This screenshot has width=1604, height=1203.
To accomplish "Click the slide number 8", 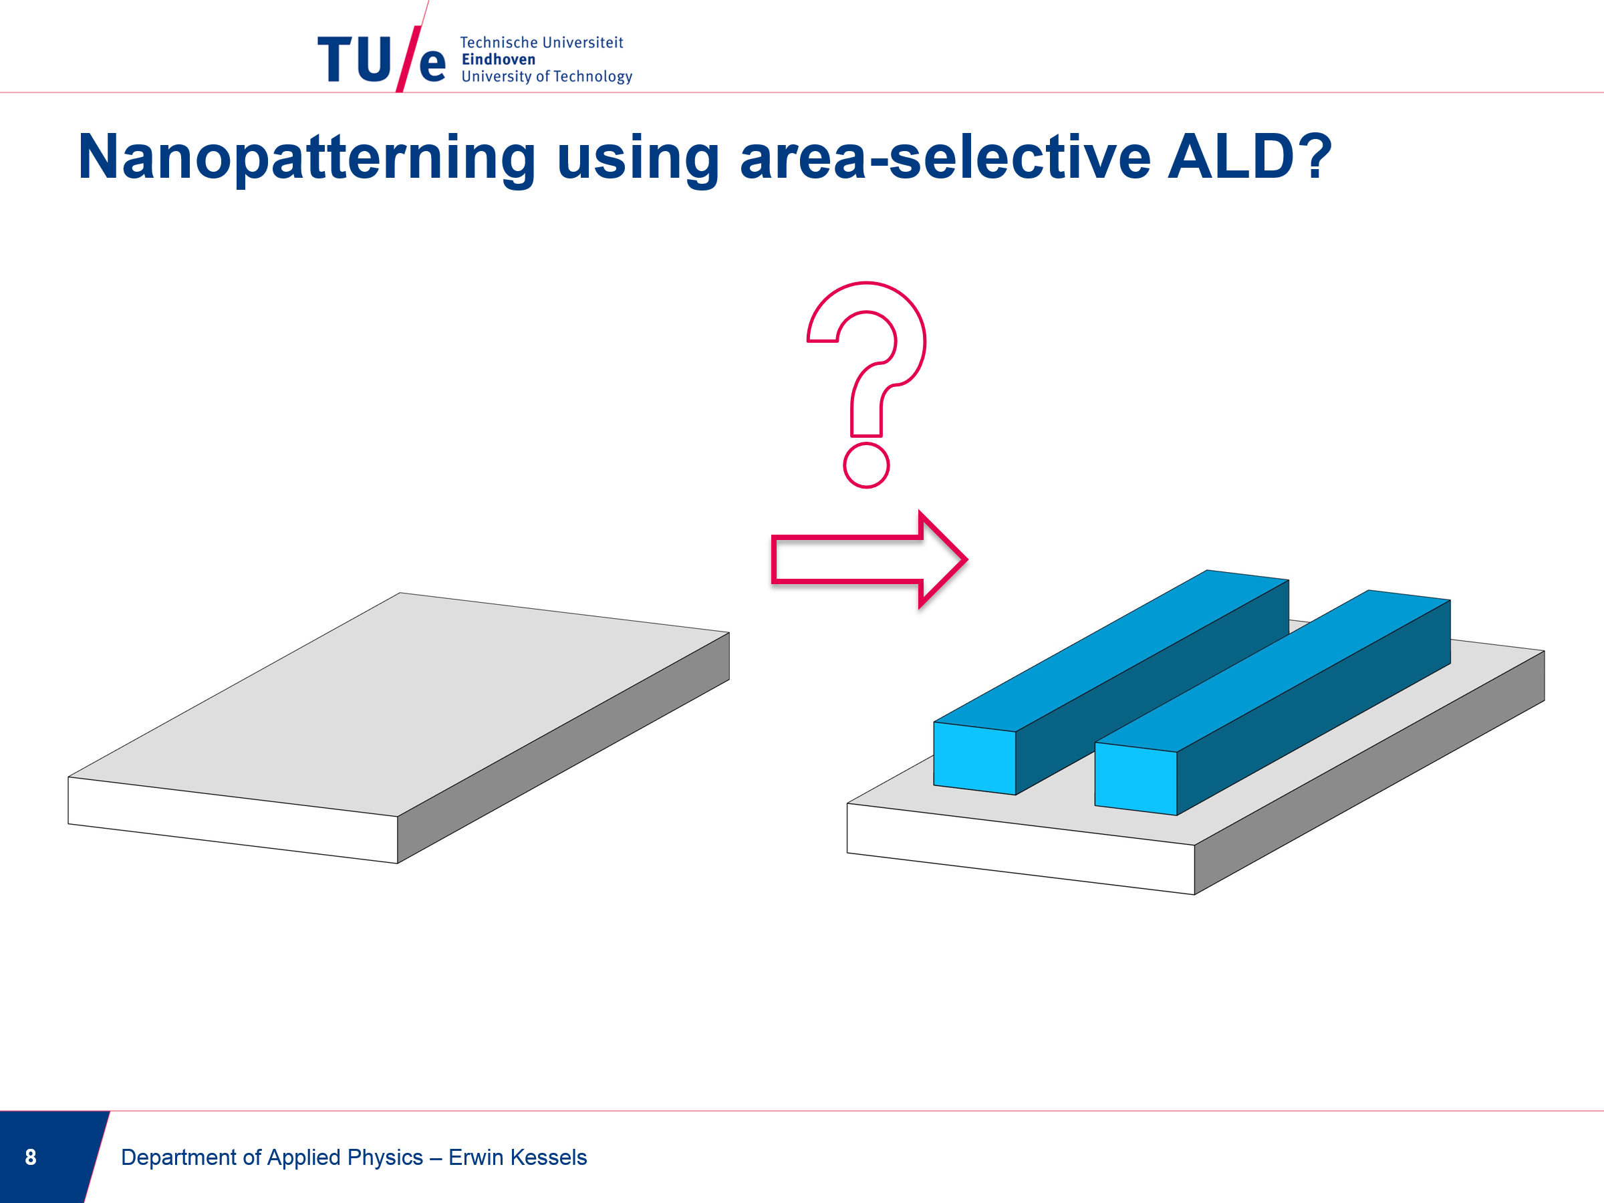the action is [x=31, y=1158].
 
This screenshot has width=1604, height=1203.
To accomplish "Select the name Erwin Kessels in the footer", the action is [x=518, y=1158].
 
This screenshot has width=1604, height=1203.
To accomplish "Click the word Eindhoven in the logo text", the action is [x=498, y=59].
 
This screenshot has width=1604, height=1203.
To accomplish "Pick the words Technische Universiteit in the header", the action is [x=541, y=43].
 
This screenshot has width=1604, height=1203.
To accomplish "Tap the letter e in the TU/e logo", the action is [x=432, y=65].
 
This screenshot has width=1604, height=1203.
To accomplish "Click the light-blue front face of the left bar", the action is [x=974, y=759].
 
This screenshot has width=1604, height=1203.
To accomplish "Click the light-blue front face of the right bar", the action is [x=1135, y=779].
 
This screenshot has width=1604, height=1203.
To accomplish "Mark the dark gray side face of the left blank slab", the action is [x=563, y=748].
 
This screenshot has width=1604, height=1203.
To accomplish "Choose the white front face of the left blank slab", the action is [x=233, y=820].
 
